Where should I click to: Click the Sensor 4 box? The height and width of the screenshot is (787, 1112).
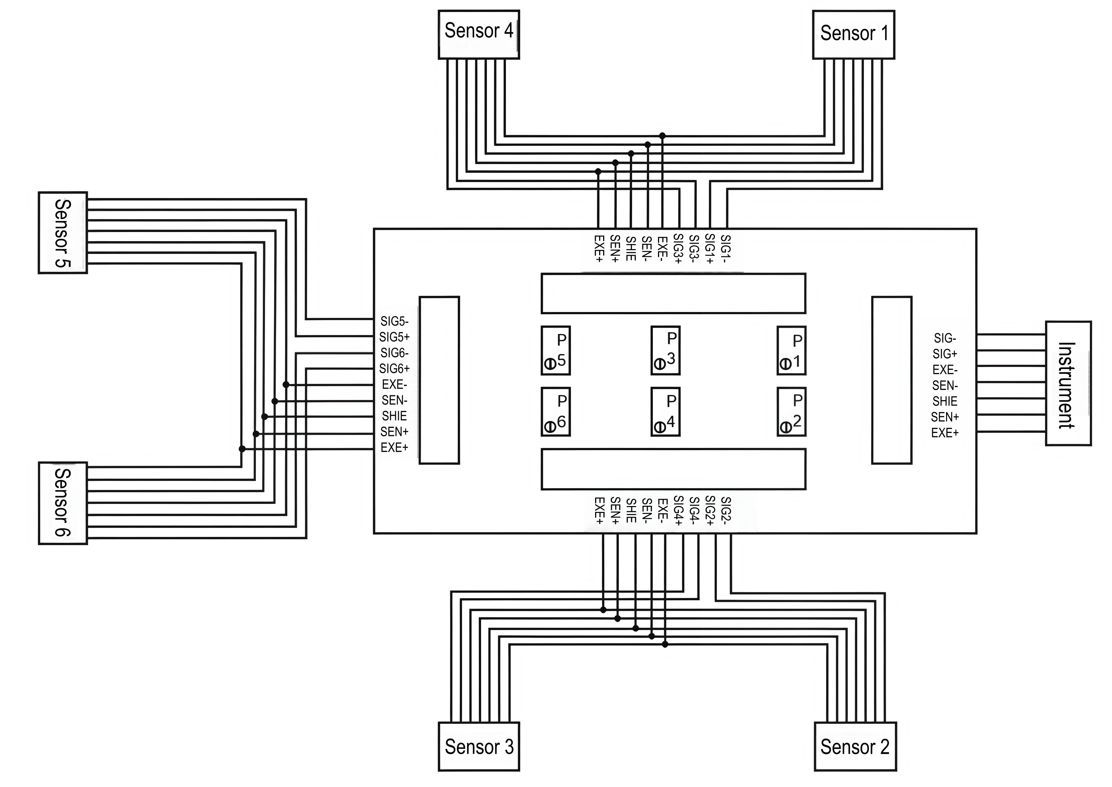point(479,34)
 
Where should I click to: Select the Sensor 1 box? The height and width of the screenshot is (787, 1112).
point(854,34)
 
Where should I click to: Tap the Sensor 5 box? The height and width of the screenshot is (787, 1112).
point(63,233)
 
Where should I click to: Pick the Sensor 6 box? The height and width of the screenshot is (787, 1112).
point(63,503)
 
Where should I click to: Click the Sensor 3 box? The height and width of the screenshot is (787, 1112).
point(479,746)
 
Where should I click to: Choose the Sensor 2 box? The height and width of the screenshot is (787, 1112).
point(856,746)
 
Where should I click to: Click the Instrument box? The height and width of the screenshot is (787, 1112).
point(1068,383)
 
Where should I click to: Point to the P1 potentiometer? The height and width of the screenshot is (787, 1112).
point(791,350)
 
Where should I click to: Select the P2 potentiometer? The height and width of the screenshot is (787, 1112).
point(791,412)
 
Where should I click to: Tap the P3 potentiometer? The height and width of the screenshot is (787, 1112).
point(666,350)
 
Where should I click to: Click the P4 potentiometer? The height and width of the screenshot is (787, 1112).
point(666,412)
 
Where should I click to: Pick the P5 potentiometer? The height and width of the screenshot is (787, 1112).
point(556,350)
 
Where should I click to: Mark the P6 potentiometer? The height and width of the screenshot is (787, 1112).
point(556,412)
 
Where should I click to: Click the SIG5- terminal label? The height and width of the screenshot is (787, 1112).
point(394,321)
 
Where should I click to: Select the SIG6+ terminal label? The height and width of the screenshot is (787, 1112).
point(394,369)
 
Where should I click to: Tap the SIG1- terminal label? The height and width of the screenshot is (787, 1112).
point(726,248)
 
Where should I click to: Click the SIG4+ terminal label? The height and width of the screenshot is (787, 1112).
point(678,510)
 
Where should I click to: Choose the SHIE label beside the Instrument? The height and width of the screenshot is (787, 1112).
point(945,401)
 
